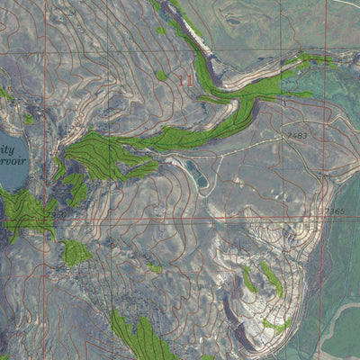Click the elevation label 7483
click(x=298, y=135)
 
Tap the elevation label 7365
click(x=334, y=211)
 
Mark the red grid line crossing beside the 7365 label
click(x=323, y=218)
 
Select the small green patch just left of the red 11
click(x=162, y=76)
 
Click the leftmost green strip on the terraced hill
click(x=248, y=280)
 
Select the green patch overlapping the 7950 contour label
click(x=76, y=253)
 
